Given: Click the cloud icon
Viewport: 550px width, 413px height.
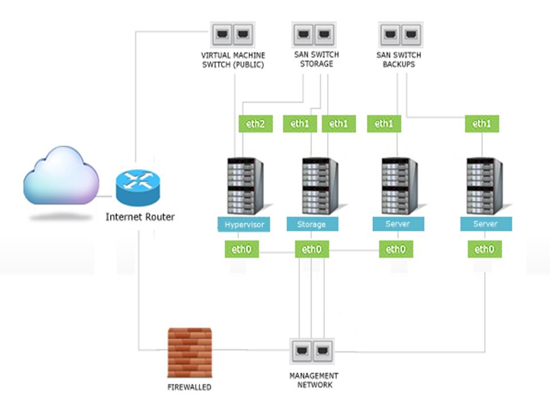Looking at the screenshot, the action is click(61, 176).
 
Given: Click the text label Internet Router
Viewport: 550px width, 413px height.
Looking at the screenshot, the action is click(140, 217).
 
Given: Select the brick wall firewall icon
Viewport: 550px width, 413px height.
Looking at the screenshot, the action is click(190, 352).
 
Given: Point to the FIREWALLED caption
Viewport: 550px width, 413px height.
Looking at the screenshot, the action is click(190, 387).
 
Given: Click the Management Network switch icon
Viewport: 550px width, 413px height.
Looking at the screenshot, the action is click(312, 351).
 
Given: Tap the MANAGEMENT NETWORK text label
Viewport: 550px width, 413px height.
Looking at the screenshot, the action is click(314, 380).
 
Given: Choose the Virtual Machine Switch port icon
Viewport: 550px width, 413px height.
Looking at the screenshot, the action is click(233, 35).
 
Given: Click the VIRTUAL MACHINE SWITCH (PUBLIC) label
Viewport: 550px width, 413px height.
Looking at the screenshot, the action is click(233, 60).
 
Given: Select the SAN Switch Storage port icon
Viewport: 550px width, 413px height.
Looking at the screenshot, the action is click(314, 35).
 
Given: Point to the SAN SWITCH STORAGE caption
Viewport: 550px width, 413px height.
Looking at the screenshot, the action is click(316, 59).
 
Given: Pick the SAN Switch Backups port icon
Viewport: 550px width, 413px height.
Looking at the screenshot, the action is click(400, 35).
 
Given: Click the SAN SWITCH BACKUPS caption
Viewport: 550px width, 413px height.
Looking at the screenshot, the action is click(399, 60).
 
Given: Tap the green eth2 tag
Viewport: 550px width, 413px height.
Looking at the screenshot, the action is click(256, 124).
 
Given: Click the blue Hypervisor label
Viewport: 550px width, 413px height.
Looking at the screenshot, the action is click(244, 224).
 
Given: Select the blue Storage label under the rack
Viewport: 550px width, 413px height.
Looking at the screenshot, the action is click(312, 224).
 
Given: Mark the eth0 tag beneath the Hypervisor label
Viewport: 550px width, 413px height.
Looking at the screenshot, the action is click(242, 250).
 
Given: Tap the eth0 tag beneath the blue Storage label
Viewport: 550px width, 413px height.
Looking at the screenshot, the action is click(312, 250).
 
